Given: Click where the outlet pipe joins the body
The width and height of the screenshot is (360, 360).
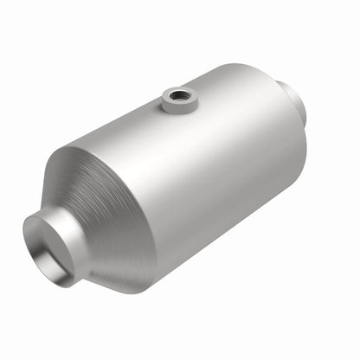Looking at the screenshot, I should click(x=282, y=91).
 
